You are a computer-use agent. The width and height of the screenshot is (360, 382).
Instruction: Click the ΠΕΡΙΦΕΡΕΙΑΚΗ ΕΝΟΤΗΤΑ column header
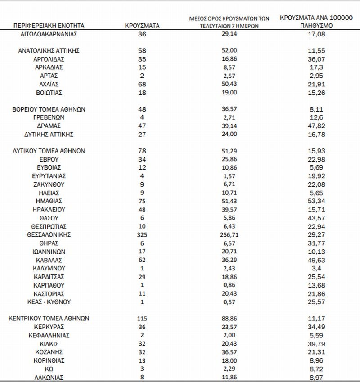pyautogui.click(x=49, y=26)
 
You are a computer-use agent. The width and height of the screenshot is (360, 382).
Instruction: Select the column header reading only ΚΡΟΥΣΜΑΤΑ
pyautogui.click(x=142, y=26)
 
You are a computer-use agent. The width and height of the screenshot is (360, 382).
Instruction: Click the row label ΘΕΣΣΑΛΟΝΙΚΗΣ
pyautogui.click(x=49, y=235)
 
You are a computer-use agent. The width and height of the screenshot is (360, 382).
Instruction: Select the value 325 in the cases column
pyautogui.click(x=142, y=235)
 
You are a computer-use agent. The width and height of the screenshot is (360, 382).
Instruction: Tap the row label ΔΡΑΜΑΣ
pyautogui.click(x=49, y=126)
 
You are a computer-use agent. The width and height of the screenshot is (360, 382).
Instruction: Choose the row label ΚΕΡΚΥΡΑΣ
pyautogui.click(x=49, y=327)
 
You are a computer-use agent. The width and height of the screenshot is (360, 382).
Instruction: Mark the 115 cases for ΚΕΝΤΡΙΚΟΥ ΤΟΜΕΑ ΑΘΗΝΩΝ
pyautogui.click(x=142, y=318)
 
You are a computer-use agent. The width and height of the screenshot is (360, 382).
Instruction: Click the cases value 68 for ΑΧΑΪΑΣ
pyautogui.click(x=142, y=84)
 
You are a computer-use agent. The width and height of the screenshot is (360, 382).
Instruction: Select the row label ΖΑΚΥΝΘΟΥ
pyautogui.click(x=49, y=184)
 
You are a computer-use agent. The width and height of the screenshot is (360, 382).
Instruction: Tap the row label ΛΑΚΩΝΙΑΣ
pyautogui.click(x=49, y=377)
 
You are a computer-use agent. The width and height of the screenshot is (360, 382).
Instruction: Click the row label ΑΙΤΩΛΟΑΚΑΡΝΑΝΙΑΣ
pyautogui.click(x=49, y=34)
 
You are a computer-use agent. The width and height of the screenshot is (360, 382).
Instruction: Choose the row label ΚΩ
pyautogui.click(x=49, y=369)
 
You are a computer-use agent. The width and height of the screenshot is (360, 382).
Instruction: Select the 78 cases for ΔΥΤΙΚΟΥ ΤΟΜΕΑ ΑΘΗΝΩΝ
pyautogui.click(x=142, y=151)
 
